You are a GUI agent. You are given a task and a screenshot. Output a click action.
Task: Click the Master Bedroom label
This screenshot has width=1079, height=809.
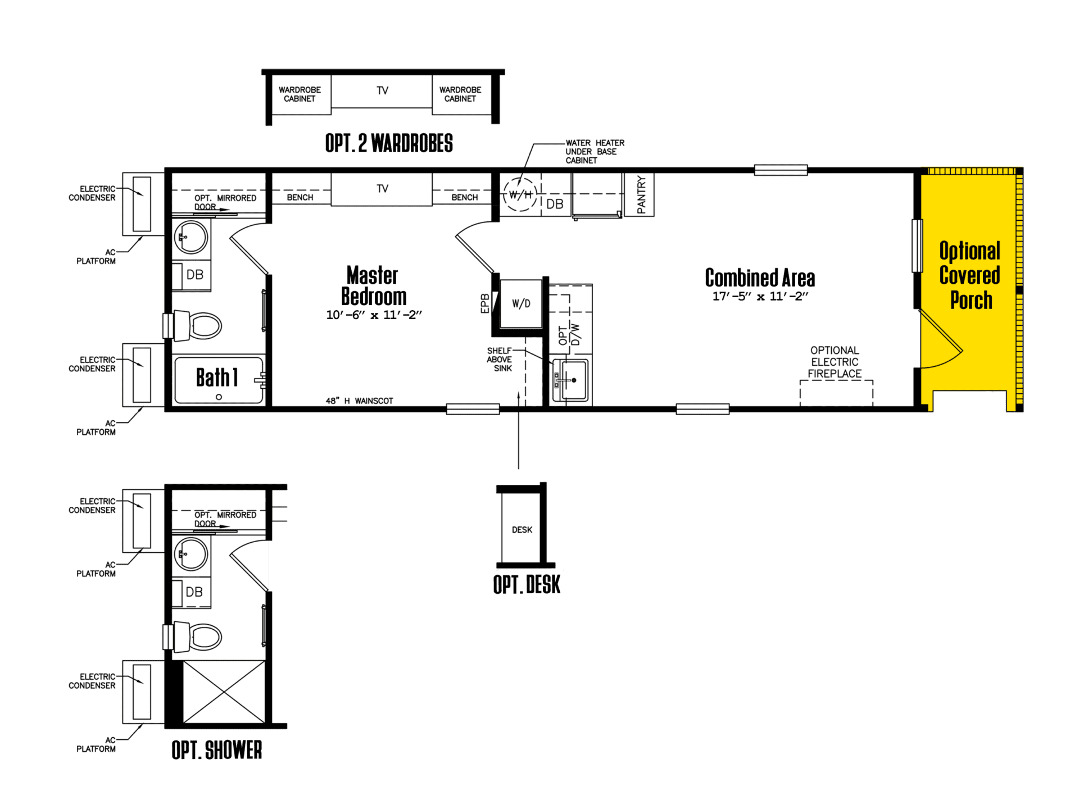point(374,286)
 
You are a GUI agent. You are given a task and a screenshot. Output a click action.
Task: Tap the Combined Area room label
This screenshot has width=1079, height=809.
point(760,278)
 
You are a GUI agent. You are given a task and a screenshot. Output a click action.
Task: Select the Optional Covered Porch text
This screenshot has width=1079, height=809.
point(970,275)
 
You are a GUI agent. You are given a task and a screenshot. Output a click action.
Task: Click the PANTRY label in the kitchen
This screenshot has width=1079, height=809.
point(641,194)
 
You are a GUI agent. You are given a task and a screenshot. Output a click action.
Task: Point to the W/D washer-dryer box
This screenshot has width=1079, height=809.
point(521,304)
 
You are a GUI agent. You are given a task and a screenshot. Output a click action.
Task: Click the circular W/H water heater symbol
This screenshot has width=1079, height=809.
point(520,194)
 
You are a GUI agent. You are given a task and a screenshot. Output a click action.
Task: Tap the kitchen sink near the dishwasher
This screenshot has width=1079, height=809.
point(570,380)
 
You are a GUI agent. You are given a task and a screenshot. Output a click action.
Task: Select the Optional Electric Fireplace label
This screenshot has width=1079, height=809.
point(835,362)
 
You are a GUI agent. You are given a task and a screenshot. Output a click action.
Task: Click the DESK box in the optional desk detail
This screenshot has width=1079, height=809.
point(522,529)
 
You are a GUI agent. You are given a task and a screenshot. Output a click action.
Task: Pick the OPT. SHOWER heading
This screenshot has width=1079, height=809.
point(217,750)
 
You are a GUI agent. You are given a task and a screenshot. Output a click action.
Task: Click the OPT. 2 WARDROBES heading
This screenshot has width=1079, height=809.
point(389,143)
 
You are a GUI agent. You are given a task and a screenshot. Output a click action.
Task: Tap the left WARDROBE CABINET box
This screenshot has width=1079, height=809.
point(300,94)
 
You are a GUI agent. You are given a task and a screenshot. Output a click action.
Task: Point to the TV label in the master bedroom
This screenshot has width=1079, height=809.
point(382,189)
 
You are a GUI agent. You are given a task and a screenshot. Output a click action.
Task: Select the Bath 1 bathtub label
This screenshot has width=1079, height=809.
point(217,378)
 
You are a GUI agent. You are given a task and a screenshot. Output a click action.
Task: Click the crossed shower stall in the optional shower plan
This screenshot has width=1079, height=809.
point(224,692)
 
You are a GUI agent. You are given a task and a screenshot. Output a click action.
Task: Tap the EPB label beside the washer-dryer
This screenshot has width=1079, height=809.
point(484,303)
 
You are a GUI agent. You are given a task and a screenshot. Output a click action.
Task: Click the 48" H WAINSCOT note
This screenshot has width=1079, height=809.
point(360,401)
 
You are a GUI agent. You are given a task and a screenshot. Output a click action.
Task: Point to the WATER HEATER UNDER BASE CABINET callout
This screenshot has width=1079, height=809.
point(595,152)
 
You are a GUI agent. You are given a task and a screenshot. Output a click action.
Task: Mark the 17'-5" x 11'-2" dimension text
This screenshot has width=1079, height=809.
point(760,297)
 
